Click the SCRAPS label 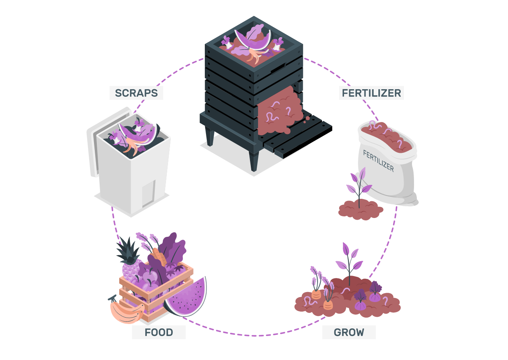click(x=136, y=93)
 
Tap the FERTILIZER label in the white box click(x=371, y=93)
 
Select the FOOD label click(x=159, y=332)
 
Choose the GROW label click(x=349, y=332)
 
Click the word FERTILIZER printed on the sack click(x=378, y=160)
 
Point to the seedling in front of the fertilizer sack click(x=359, y=186)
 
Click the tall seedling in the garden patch click(x=349, y=260)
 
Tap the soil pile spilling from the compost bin click(x=280, y=114)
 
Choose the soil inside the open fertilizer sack click(x=386, y=136)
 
